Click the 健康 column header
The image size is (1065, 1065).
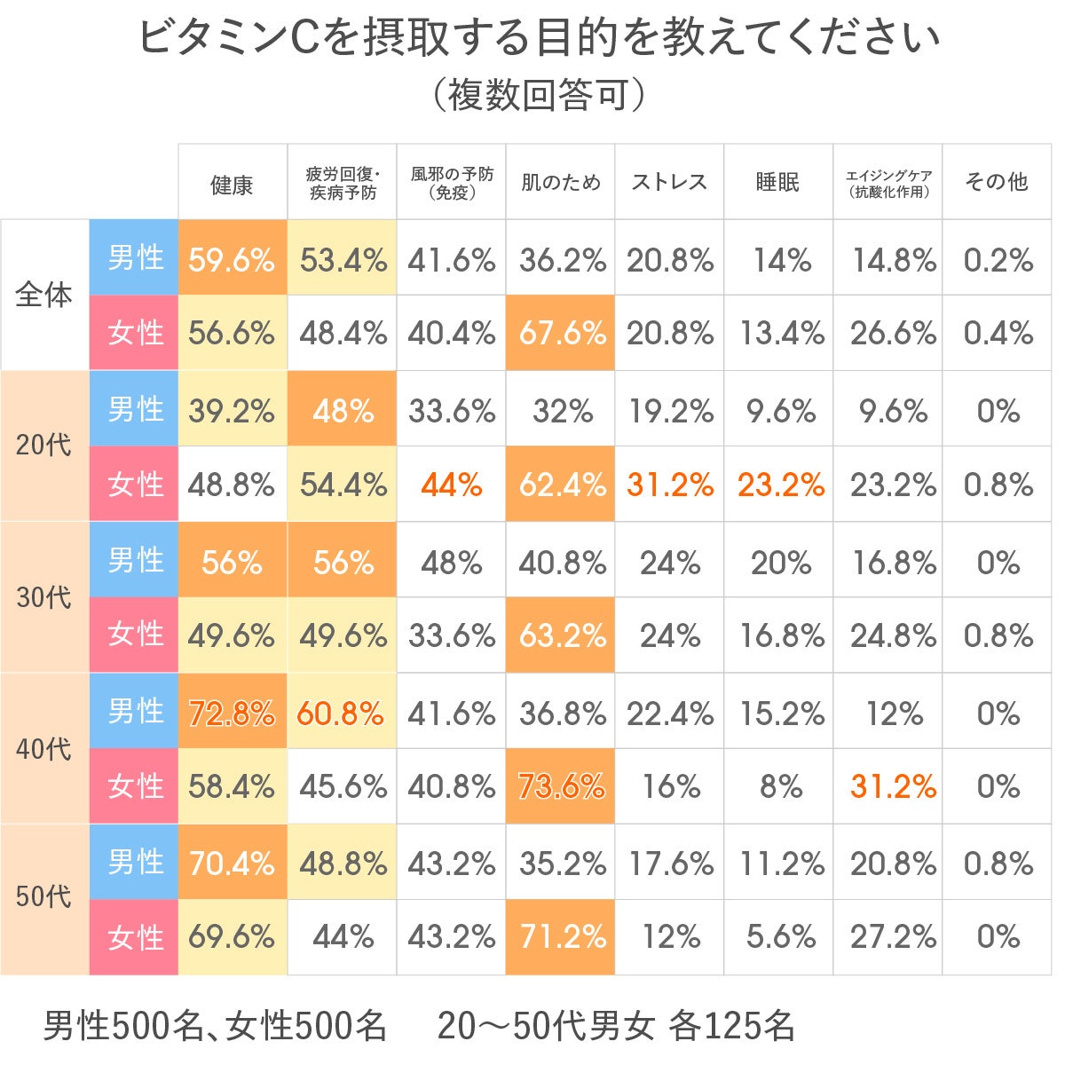click(232, 184)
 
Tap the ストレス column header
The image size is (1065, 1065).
click(669, 183)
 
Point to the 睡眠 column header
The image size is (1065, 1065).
click(778, 183)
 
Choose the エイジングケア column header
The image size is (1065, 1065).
click(888, 183)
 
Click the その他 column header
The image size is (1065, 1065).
click(997, 183)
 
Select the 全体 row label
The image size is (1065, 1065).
click(43, 295)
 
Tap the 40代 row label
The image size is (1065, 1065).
click(43, 749)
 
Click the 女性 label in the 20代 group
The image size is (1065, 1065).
click(135, 485)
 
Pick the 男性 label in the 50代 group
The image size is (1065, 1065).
click(135, 862)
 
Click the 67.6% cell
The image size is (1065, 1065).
click(562, 334)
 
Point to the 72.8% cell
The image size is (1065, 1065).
click(232, 714)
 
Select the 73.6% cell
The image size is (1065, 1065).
click(562, 786)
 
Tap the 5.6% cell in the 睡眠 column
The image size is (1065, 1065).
click(780, 936)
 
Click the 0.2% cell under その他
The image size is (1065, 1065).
click(998, 260)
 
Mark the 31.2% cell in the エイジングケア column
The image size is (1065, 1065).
click(893, 786)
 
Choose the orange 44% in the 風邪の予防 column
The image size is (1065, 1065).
click(451, 485)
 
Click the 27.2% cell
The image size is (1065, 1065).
click(893, 936)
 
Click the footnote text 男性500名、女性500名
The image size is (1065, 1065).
click(215, 1026)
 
